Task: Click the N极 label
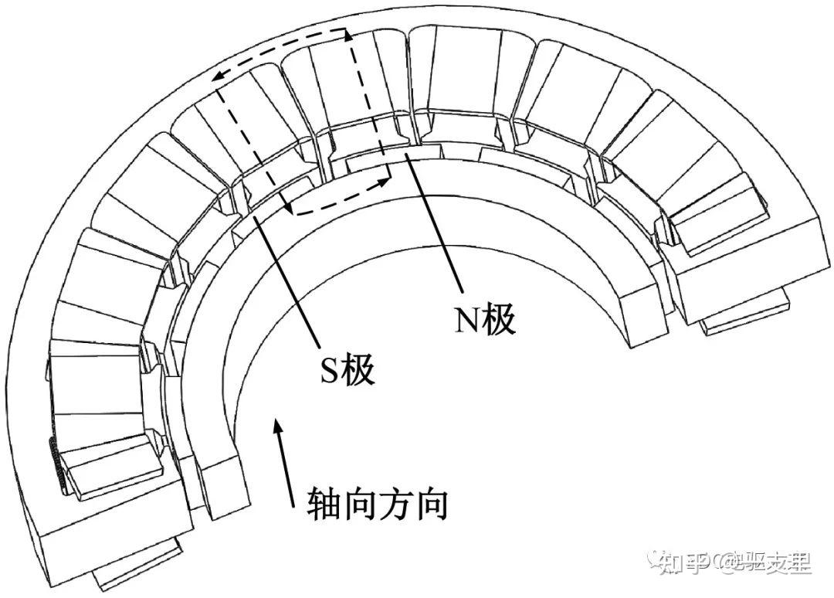pyautogui.click(x=484, y=320)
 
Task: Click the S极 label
pyautogui.click(x=347, y=371)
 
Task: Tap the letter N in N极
pyautogui.click(x=467, y=321)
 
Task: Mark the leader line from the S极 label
pyautogui.click(x=290, y=278)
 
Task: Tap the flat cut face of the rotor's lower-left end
pyautogui.click(x=218, y=483)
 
